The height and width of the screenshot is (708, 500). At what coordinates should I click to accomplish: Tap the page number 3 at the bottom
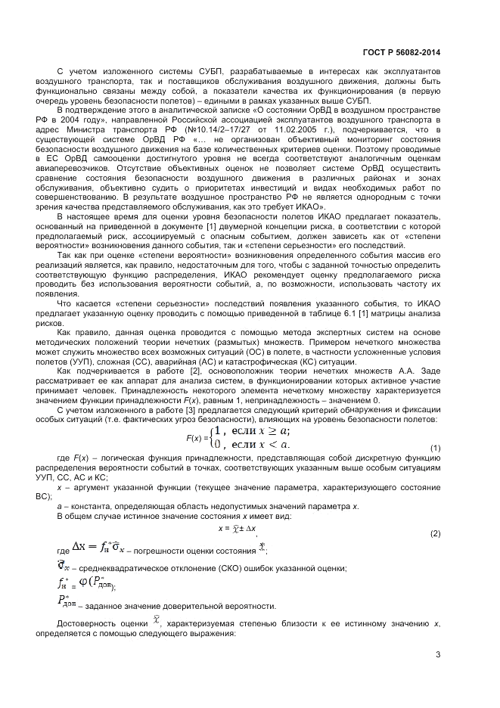pyautogui.click(x=438, y=654)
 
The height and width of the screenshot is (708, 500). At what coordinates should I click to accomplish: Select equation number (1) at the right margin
pyautogui.click(x=436, y=449)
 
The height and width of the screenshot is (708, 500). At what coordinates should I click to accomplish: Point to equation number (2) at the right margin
pyautogui.click(x=436, y=534)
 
